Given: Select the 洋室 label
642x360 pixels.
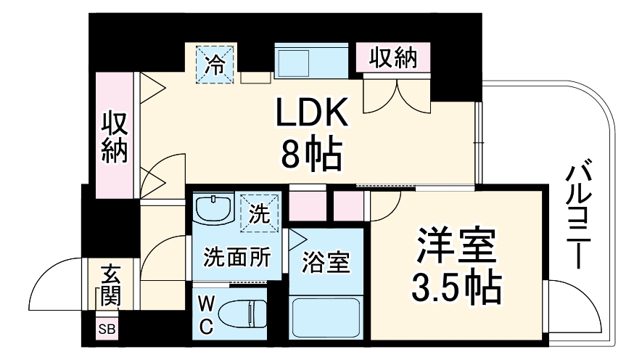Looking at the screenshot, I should [456, 247].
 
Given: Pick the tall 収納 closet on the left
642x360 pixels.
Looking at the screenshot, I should [115, 136].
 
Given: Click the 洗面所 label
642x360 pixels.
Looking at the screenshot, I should [237, 256].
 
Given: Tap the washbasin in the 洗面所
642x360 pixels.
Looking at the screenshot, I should [213, 210].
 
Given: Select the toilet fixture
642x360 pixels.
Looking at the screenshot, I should [244, 314].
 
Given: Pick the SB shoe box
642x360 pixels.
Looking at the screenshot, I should [107, 330].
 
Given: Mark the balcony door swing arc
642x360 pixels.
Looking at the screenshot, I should [577, 305].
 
